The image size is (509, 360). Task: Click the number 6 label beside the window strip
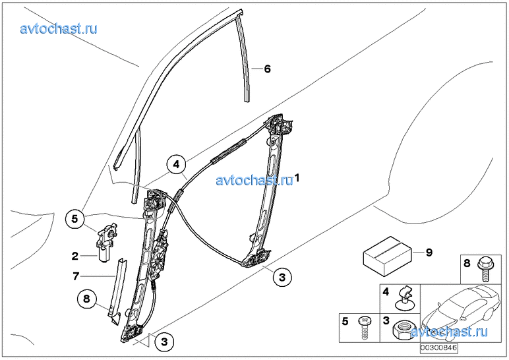[267, 69]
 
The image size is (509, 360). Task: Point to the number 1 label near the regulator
[297, 178]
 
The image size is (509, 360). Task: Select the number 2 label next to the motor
[75, 256]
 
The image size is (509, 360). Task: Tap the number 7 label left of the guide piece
[76, 276]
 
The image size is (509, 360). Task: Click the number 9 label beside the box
[429, 253]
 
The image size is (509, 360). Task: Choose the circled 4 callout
[176, 165]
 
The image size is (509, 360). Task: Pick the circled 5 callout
[75, 219]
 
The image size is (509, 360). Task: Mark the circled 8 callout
[86, 298]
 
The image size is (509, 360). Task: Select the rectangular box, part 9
[387, 256]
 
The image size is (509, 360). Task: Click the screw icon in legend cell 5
[364, 328]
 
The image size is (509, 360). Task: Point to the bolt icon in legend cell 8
[485, 270]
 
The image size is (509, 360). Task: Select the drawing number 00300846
[439, 348]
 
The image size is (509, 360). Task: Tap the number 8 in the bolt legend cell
[467, 263]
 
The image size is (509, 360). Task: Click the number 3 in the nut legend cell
[386, 321]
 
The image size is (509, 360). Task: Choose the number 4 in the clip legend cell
[386, 292]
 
